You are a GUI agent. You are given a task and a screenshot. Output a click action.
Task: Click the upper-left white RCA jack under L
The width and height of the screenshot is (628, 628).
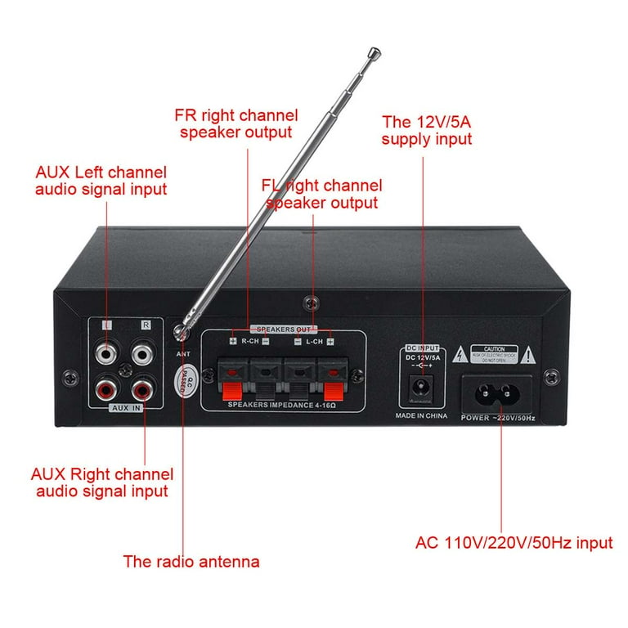(106, 354)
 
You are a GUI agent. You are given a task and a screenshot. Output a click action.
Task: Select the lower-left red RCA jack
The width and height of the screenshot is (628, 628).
(106, 384)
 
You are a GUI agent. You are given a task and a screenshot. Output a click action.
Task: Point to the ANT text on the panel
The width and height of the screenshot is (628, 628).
(183, 353)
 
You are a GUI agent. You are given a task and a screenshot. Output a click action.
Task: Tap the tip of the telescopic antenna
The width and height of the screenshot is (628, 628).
(374, 55)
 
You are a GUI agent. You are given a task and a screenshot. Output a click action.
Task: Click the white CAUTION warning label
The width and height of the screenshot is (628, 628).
(498, 353)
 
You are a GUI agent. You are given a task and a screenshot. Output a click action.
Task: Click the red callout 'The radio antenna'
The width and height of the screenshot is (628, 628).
(191, 562)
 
